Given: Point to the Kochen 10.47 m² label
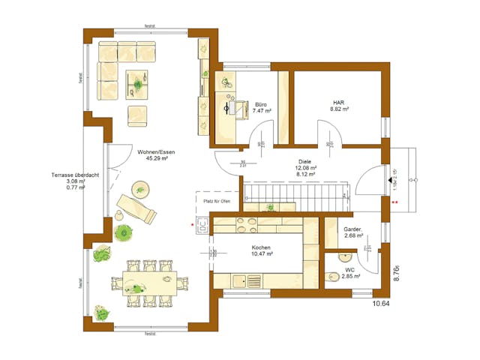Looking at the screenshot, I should tap(262, 251).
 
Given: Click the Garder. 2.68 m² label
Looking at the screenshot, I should tap(352, 232).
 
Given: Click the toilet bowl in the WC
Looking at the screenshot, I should tap(333, 273).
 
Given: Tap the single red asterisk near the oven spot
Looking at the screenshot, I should tap(192, 223).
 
